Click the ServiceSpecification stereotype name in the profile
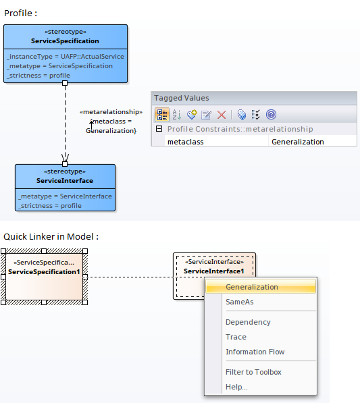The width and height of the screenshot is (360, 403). pos(65,41)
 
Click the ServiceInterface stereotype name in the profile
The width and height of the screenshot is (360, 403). pos(65,181)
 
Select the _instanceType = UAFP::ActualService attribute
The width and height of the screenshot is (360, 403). pos(65,57)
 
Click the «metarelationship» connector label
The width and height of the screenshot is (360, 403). pos(111,111)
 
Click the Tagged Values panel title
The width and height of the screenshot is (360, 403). pos(182,98)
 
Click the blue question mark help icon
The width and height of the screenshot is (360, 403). pos(271,115)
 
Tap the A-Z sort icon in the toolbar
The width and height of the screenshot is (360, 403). pos(177,115)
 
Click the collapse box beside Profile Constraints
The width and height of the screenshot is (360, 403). pos(159,129)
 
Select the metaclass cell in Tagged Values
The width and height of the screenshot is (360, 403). pos(186,142)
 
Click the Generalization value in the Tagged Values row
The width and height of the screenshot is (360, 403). pos(297,142)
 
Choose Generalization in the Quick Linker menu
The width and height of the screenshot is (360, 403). pos(252,287)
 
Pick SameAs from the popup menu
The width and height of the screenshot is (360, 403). pos(240,302)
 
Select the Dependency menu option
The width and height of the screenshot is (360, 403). pos(248,322)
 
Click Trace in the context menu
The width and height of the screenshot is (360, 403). pos(236,337)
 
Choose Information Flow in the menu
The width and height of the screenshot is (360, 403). pos(255,352)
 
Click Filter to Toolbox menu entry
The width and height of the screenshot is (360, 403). pos(253,372)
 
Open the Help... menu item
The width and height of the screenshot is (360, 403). pos(236,387)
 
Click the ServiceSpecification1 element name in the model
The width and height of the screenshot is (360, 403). pos(44,272)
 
